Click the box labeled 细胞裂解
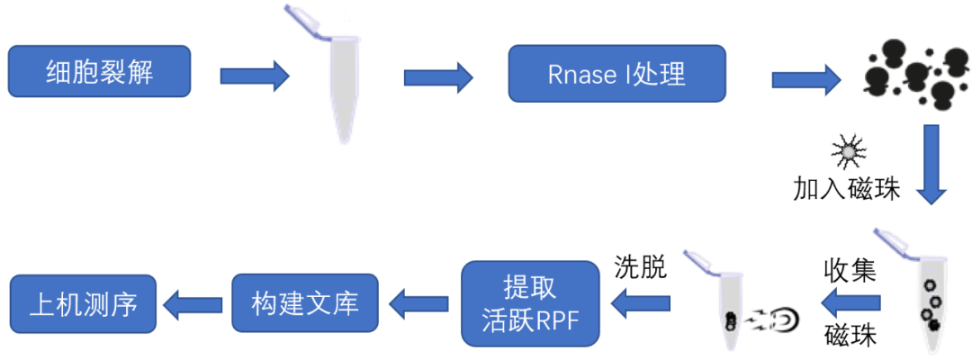(99, 73)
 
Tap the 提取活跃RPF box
(530, 303)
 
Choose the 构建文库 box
(305, 303)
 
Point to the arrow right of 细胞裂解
(254, 75)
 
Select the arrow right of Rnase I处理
(805, 80)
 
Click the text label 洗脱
(641, 266)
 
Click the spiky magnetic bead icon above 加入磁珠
(846, 152)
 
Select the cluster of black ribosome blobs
(910, 73)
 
